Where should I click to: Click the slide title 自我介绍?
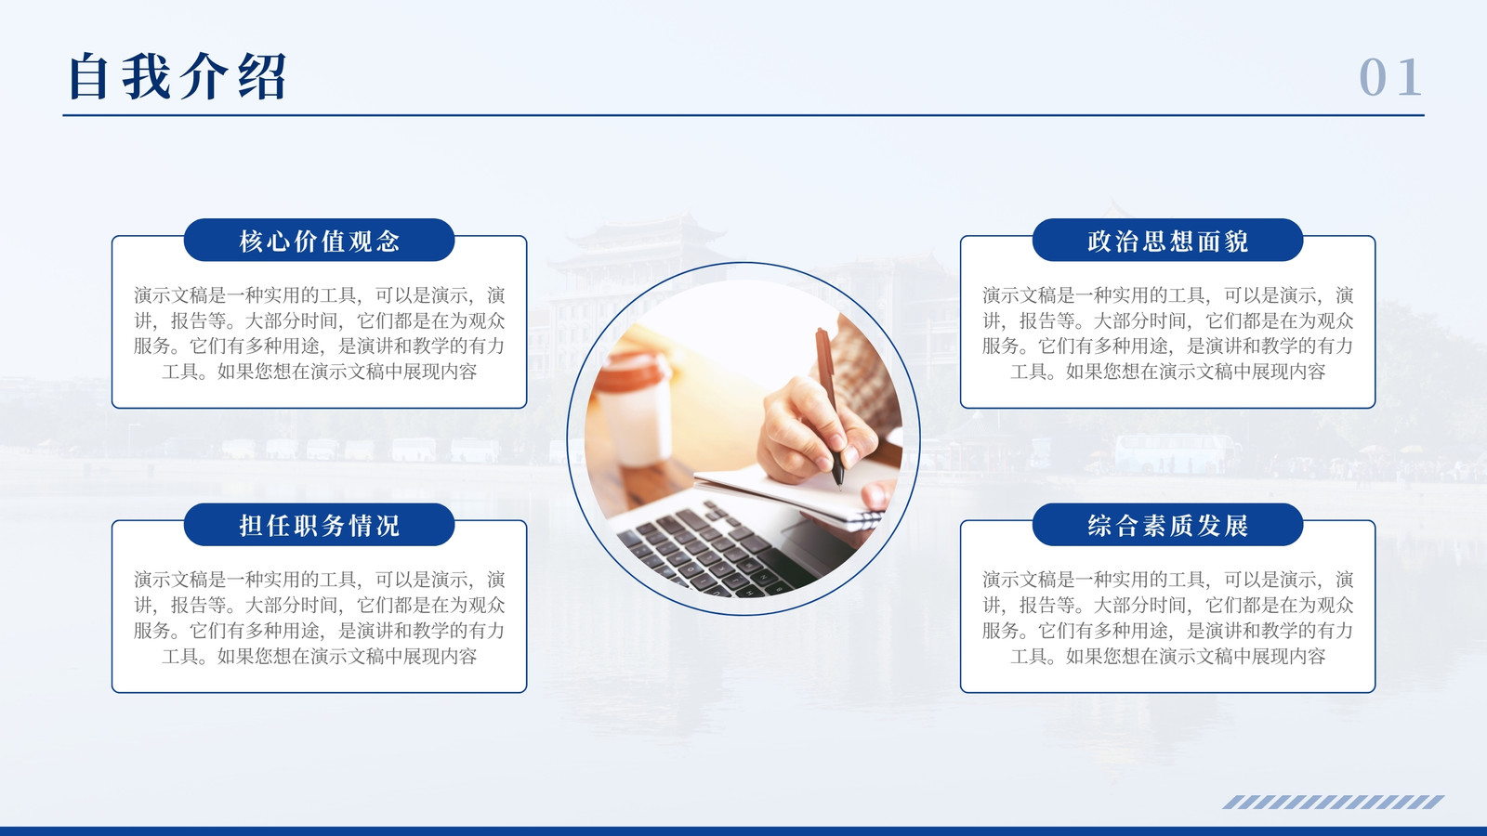pyautogui.click(x=178, y=77)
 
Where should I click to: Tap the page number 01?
pyautogui.click(x=1390, y=78)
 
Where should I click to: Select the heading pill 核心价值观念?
pyautogui.click(x=320, y=241)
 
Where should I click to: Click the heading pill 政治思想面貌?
pyautogui.click(x=1167, y=241)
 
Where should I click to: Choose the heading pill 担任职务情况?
pyautogui.click(x=320, y=525)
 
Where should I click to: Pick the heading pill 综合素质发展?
pyautogui.click(x=1167, y=525)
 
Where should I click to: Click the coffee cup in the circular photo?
pyautogui.click(x=633, y=409)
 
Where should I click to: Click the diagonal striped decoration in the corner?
pyautogui.click(x=1334, y=802)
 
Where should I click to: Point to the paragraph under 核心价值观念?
pyautogui.click(x=320, y=333)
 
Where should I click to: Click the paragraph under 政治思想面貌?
pyautogui.click(x=1167, y=333)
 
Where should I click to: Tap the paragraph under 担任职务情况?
pyautogui.click(x=320, y=618)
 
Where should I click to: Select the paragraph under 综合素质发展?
pyautogui.click(x=1167, y=618)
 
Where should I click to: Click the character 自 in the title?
pyautogui.click(x=88, y=77)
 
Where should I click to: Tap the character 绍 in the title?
pyautogui.click(x=263, y=77)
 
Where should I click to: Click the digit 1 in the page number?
pyautogui.click(x=1410, y=78)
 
